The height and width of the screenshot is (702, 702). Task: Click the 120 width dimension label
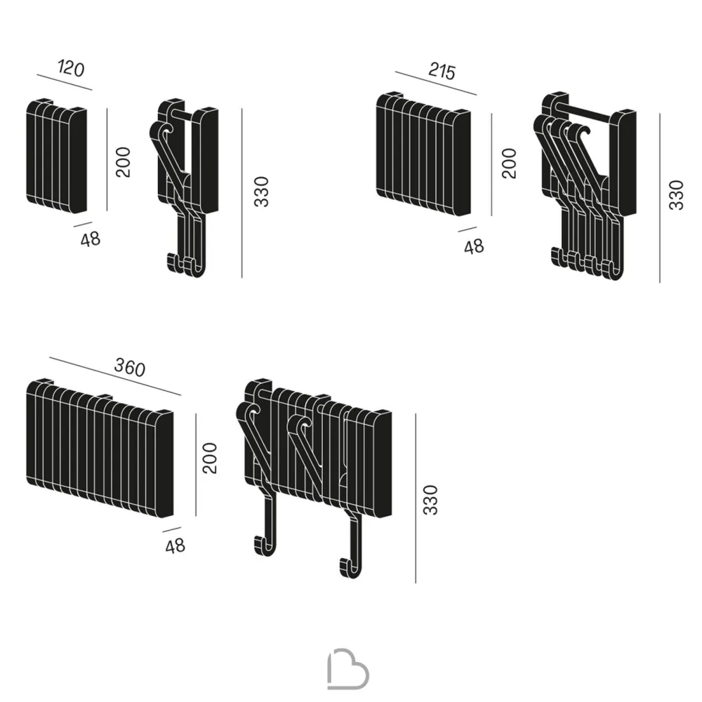(x=71, y=69)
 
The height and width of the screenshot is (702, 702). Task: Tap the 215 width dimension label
(x=442, y=71)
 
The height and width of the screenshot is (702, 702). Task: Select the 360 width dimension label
(x=130, y=368)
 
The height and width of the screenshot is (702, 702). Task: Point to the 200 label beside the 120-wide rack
(x=123, y=162)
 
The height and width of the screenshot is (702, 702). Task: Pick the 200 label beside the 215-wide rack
(x=509, y=164)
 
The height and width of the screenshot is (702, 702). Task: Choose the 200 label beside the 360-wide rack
(x=209, y=458)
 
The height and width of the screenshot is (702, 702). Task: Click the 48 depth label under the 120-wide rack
(x=91, y=239)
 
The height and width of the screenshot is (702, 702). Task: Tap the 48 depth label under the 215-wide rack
(x=474, y=246)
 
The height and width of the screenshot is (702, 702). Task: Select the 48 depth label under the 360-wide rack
(x=175, y=545)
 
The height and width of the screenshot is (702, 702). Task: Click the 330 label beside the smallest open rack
(x=261, y=192)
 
